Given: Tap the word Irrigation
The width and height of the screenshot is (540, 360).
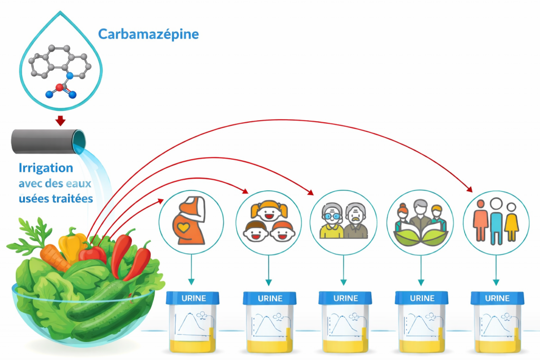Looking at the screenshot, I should [46, 168].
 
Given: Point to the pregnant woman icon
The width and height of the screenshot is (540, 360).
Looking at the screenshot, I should [190, 221].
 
